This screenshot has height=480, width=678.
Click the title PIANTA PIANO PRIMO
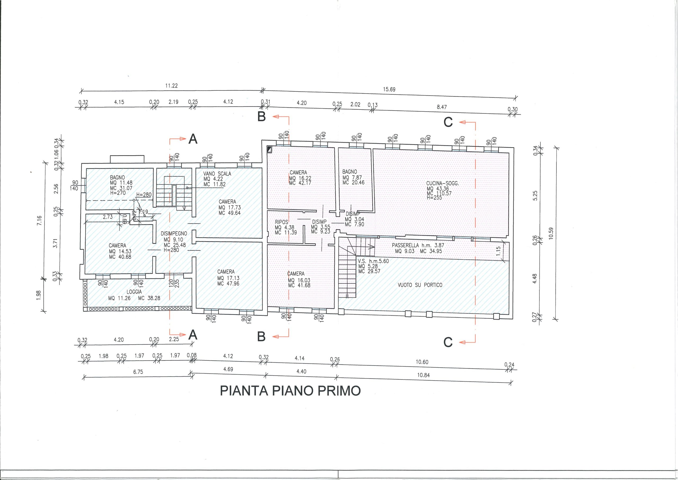(x=290, y=391)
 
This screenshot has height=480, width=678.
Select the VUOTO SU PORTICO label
(x=420, y=285)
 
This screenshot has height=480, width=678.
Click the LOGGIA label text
(x=134, y=292)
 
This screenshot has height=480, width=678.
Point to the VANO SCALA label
(x=217, y=174)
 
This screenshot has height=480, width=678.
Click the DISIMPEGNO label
(x=174, y=234)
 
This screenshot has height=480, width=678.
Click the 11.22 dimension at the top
(x=171, y=86)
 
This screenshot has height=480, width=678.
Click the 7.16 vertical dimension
(x=39, y=221)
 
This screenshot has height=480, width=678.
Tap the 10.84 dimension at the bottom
(x=423, y=375)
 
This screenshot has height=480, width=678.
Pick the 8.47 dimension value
(x=442, y=107)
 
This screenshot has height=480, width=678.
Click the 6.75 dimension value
(x=138, y=372)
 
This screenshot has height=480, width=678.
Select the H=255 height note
(x=434, y=197)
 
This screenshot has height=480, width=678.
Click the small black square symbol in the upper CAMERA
(x=269, y=149)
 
